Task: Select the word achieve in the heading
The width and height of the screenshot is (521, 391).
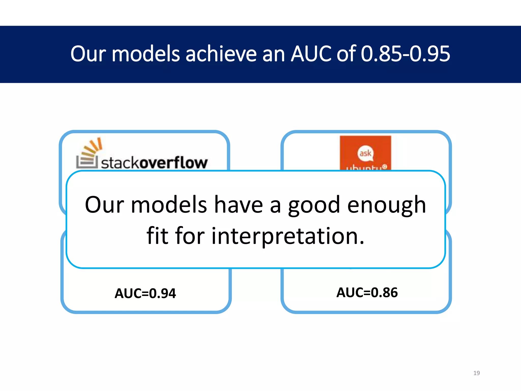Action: pos(221,54)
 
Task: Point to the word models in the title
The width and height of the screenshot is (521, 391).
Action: pos(146,54)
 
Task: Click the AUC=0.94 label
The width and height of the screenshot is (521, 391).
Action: pos(145,293)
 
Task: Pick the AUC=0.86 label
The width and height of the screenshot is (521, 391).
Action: pos(367,292)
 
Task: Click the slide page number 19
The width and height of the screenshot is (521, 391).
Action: pos(476,373)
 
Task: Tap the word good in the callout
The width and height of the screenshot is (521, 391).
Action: pos(314,205)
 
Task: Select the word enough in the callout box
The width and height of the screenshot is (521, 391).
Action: pos(386,205)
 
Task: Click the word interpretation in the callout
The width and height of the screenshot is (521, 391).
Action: pos(288,236)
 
